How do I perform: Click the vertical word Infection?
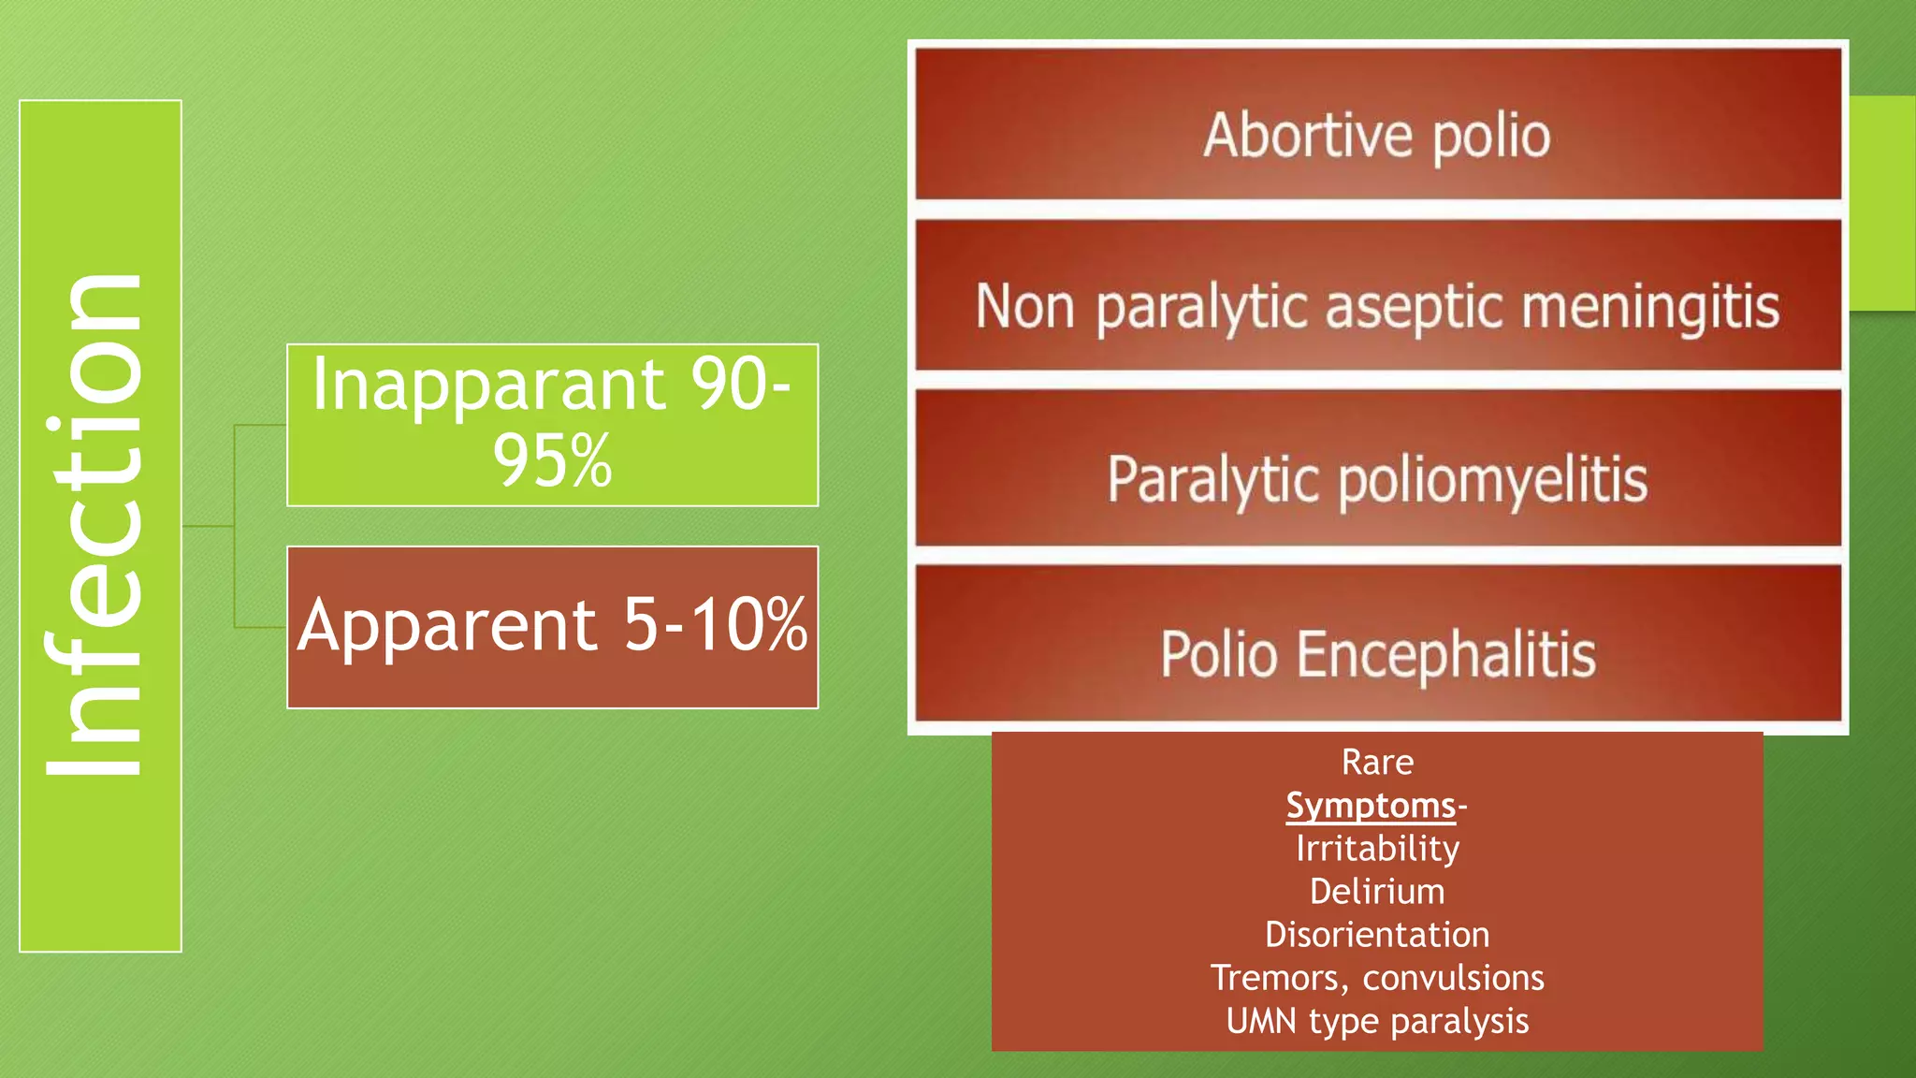point(94,526)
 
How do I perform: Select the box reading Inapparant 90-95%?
point(552,425)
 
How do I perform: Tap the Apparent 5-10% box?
point(552,627)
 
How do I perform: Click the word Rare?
point(1377,763)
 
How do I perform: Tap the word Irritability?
point(1377,849)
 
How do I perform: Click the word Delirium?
point(1377,892)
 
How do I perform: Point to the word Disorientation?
point(1377,935)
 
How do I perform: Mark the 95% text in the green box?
point(552,461)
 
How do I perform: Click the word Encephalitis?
point(1445,654)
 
